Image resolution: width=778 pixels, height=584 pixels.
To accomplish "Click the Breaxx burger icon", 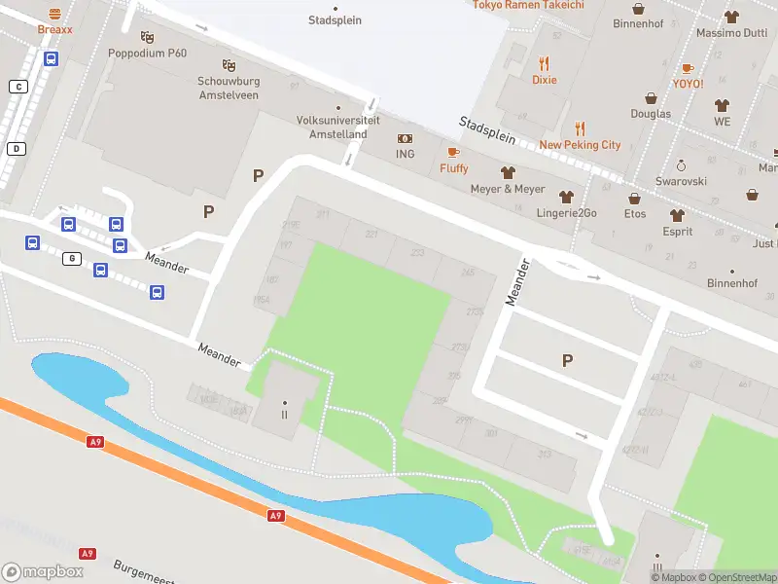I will [x=54, y=14].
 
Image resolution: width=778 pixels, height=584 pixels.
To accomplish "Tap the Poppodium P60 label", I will [x=147, y=53].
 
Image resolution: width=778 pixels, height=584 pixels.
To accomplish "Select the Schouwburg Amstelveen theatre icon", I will [x=229, y=64].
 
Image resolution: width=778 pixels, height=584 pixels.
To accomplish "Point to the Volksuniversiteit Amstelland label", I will [x=332, y=128].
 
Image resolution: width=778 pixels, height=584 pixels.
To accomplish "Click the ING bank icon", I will [x=405, y=139].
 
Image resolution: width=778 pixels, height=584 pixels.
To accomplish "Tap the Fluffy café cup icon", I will [x=453, y=153].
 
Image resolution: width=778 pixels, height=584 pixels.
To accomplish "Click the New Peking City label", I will [x=580, y=145].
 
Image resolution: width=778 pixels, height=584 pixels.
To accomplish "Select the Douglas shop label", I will [x=651, y=114].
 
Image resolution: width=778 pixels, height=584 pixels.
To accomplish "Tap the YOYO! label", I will [x=688, y=84].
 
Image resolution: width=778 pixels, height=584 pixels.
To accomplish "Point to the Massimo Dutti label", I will [x=731, y=33].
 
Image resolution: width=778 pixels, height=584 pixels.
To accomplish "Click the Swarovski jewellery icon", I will [x=681, y=165].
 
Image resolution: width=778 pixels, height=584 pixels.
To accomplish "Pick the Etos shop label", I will [x=635, y=214].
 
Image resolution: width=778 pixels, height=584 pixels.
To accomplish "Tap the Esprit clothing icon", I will [x=677, y=215].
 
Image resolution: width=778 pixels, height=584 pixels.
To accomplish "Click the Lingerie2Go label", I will [x=565, y=213].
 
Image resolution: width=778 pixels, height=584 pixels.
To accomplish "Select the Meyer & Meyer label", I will [x=507, y=189].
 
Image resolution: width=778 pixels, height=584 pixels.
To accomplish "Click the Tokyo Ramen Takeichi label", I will [x=528, y=5].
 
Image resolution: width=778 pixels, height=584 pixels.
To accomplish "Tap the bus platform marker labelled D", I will [x=17, y=149].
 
